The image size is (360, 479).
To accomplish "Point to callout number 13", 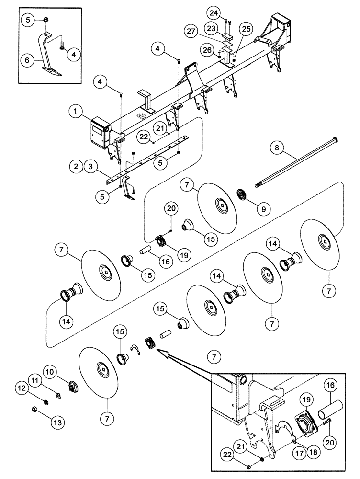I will pyautogui.click(x=58, y=422).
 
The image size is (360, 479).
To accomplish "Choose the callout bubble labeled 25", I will pyautogui.click(x=247, y=30).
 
